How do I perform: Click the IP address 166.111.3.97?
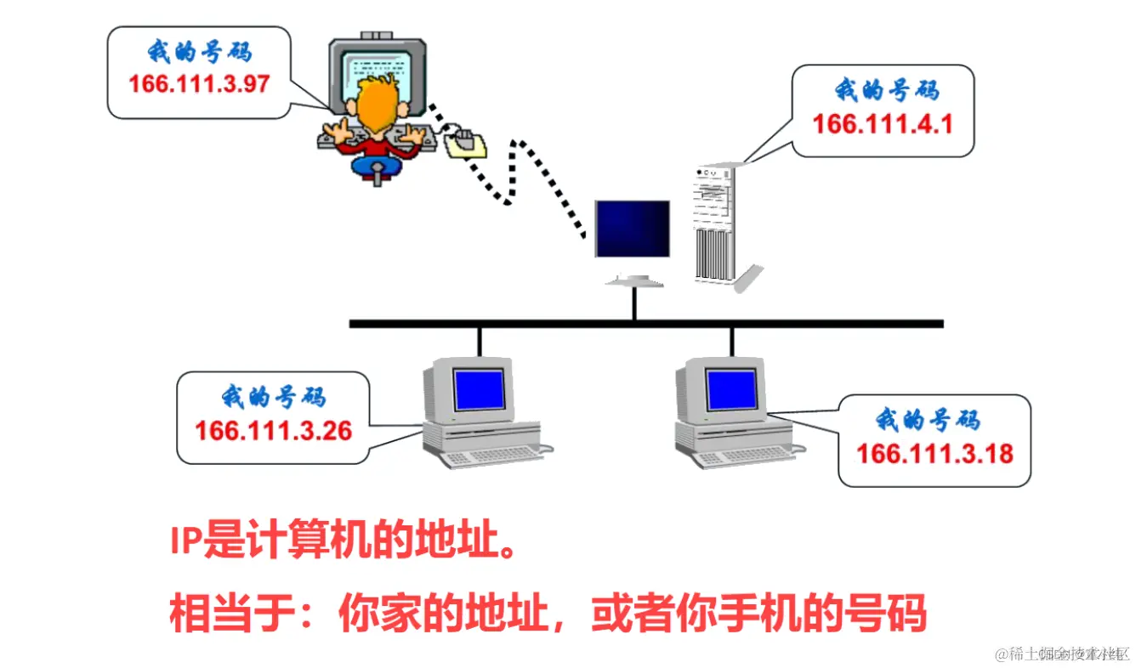[x=199, y=84]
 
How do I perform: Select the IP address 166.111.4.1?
[x=883, y=124]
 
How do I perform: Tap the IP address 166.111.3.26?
[x=273, y=431]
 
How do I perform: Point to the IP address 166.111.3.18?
[x=934, y=453]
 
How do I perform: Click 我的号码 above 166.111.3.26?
[x=273, y=396]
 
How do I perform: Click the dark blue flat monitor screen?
[x=632, y=229]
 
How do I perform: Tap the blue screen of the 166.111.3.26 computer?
[x=479, y=389]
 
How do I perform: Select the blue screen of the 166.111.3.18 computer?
[x=731, y=389]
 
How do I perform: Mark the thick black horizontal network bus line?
[x=646, y=323]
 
